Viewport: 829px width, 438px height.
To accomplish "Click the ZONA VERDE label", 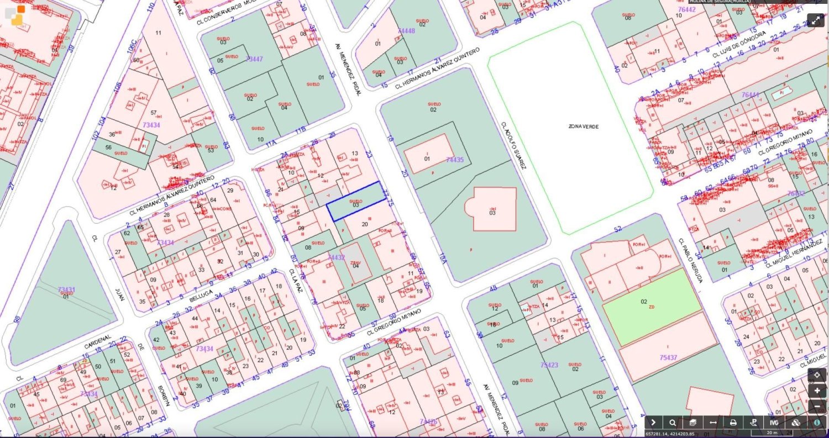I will (583, 126).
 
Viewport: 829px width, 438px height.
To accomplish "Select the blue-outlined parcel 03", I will (355, 203).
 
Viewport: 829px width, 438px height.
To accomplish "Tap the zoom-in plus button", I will (817, 390).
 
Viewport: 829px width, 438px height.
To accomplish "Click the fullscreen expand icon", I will (816, 20).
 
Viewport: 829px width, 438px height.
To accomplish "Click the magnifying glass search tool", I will (673, 423).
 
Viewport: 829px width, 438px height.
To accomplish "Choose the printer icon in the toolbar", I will (733, 423).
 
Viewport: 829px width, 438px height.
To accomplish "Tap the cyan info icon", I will (817, 423).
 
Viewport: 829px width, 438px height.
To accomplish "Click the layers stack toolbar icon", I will (692, 423).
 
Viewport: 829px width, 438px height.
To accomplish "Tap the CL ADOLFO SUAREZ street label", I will (512, 145).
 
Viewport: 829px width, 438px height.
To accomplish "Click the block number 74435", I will (455, 160).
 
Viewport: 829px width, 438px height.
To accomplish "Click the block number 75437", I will (668, 357).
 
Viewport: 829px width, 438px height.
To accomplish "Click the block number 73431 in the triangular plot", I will (66, 289).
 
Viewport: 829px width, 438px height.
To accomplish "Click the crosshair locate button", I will (817, 374).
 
